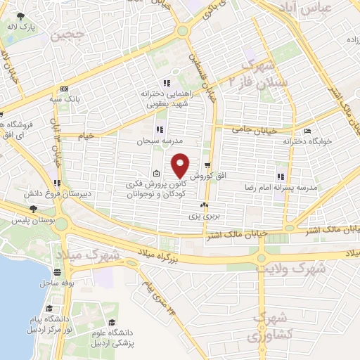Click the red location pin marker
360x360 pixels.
[x=181, y=165]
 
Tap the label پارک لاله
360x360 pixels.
[x=22, y=27]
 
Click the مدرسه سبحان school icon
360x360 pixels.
[x=160, y=129]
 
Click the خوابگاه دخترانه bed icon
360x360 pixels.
[x=306, y=131]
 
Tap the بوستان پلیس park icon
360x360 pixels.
[x=33, y=209]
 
